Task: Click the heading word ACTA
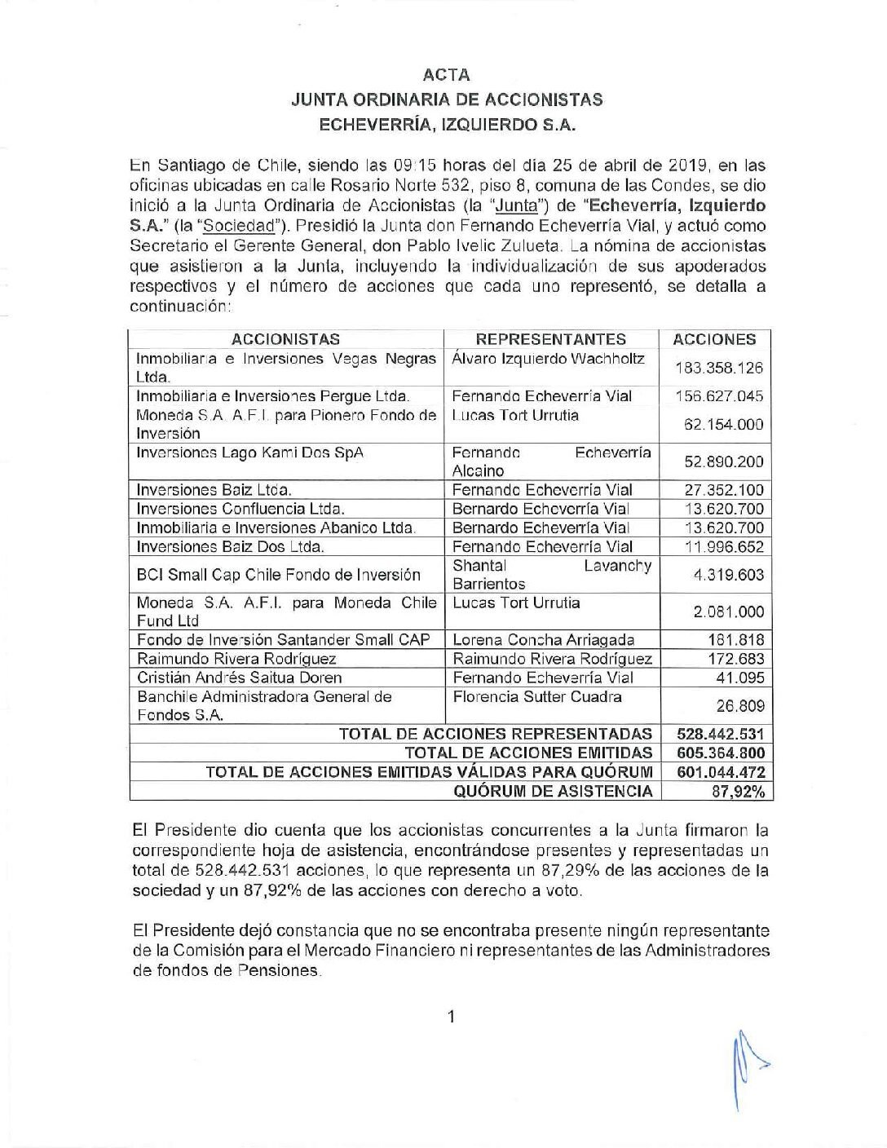coord(447,75)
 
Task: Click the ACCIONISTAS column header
coord(285,339)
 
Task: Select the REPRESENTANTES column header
coord(551,339)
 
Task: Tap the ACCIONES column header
coord(714,339)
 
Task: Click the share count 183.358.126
coord(718,368)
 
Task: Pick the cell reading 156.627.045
coord(718,396)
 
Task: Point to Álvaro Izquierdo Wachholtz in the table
coord(548,359)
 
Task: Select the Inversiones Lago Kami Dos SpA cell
coord(249,452)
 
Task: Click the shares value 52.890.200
coord(723,461)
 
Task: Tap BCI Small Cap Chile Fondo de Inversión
coord(279,574)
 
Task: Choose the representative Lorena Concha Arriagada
coord(543,640)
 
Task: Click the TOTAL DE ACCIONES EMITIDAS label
coord(528,753)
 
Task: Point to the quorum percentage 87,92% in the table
coord(737,791)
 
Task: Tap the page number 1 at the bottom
coord(450,1016)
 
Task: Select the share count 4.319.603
coord(728,575)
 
